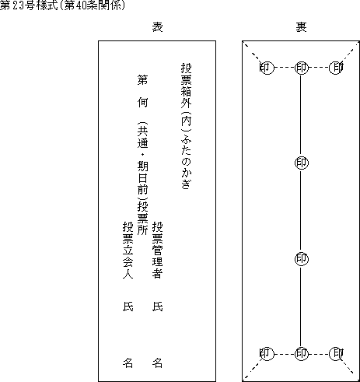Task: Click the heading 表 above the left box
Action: pos(157,27)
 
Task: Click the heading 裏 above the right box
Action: pos(301,27)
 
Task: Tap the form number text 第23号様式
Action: pos(29,5)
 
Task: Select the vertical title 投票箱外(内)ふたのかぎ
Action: pos(186,126)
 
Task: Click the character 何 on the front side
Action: pos(142,103)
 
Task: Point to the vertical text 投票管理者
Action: pos(157,250)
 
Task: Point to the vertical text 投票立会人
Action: pos(128,250)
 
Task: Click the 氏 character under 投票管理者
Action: pos(157,307)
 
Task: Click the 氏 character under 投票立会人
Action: pos(128,307)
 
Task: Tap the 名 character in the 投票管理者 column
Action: pos(157,363)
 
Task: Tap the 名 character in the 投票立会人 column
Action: pos(128,363)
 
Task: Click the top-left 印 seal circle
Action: pos(267,68)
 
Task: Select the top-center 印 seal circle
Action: pos(302,68)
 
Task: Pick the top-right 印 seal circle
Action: pos(336,68)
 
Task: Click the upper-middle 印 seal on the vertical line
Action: pos(302,163)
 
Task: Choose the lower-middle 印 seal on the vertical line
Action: pos(302,259)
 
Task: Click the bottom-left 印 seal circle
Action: pos(267,354)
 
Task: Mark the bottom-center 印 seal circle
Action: pos(302,354)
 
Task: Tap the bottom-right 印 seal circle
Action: pos(336,354)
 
